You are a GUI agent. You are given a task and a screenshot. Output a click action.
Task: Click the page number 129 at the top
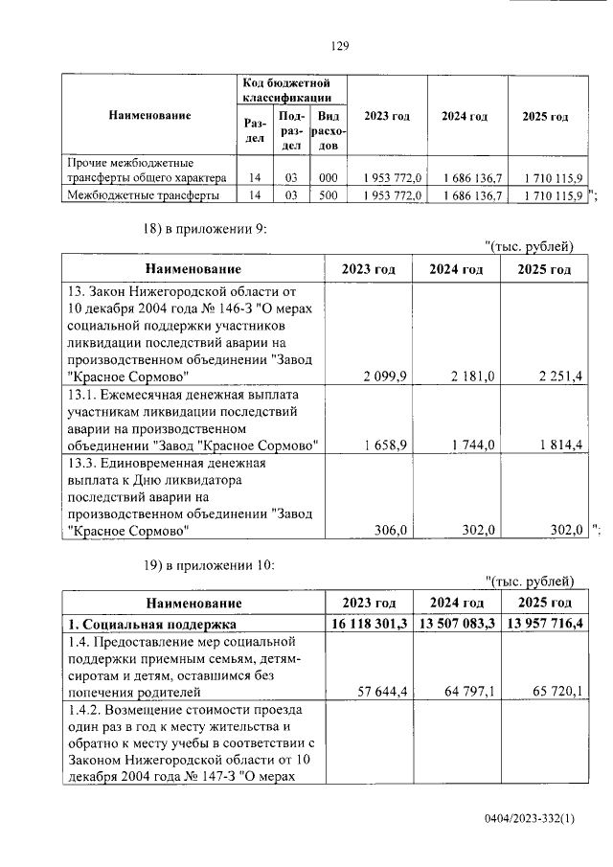point(338,45)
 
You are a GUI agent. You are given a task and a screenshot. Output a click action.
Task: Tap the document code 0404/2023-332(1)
point(530,820)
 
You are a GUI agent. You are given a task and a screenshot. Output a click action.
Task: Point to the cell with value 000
point(329,178)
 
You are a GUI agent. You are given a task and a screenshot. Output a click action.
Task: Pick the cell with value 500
point(329,195)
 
